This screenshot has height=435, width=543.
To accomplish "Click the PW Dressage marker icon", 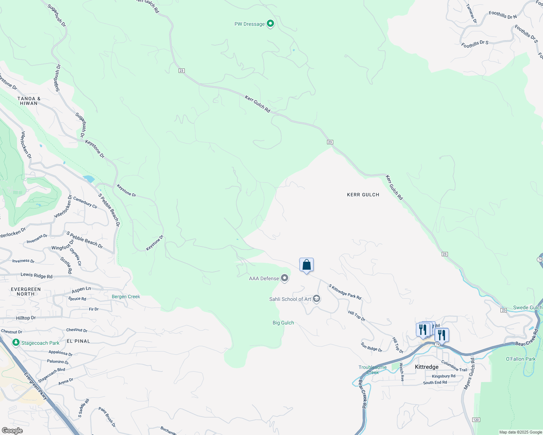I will pyautogui.click(x=270, y=24).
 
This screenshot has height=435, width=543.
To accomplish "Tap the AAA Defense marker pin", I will pyautogui.click(x=285, y=278).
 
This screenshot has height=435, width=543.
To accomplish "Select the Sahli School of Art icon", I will pyautogui.click(x=316, y=299).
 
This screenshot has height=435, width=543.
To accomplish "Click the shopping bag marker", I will pyautogui.click(x=306, y=265).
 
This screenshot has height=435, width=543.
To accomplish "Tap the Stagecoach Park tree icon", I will pyautogui.click(x=16, y=343).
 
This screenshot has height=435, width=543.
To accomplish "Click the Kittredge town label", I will pyautogui.click(x=426, y=367).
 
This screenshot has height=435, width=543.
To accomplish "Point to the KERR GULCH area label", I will pyautogui.click(x=363, y=195).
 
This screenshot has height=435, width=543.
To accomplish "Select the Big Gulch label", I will pyautogui.click(x=283, y=323).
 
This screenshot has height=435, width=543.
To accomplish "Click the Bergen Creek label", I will pyautogui.click(x=126, y=297).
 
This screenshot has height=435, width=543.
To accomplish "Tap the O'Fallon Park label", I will pyautogui.click(x=520, y=359).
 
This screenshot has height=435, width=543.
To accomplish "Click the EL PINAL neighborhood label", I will pyautogui.click(x=78, y=341).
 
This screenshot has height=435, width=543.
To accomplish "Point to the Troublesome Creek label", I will pyautogui.click(x=372, y=370).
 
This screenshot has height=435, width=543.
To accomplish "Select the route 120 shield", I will pyautogui.click(x=476, y=419).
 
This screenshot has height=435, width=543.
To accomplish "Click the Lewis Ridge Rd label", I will pyautogui.click(x=36, y=275).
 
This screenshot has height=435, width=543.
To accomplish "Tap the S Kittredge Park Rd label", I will pyautogui.click(x=345, y=292).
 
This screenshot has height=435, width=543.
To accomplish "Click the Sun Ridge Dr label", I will pyautogui.click(x=371, y=347).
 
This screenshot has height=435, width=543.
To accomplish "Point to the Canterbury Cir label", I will pyautogui.click(x=85, y=203).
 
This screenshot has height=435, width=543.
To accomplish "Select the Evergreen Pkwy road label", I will pyautogui.click(x=36, y=386).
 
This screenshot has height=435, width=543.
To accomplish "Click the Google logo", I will pyautogui.click(x=12, y=431).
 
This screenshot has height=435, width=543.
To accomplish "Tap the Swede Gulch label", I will pyautogui.click(x=527, y=307).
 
